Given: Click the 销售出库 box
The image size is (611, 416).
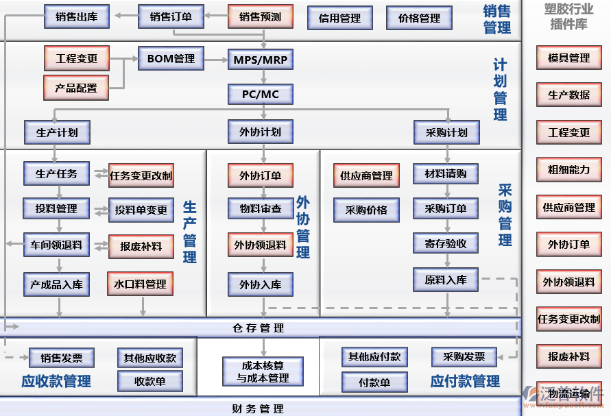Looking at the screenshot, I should tap(76, 16).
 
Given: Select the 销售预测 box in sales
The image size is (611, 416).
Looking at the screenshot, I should tap(260, 16).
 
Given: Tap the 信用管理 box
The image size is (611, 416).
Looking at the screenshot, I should tap(339, 18).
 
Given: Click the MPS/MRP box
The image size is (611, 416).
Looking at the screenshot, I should tap(260, 60).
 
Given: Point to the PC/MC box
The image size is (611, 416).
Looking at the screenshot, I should tap(260, 94).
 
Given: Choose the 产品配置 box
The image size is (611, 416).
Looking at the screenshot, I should tap(76, 88).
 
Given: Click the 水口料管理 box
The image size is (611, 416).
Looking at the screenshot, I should tap(141, 284).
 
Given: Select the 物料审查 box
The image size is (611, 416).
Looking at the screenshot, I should tap(260, 208).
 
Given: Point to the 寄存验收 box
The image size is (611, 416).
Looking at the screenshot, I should tap(446, 243).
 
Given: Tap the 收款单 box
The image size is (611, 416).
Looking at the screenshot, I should tap(149, 381).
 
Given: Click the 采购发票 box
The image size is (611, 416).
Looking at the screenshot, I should tap(464, 357).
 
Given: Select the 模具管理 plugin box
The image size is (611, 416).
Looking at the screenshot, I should tap(568, 58).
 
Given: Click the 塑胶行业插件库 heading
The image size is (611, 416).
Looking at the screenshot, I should tap(568, 16).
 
